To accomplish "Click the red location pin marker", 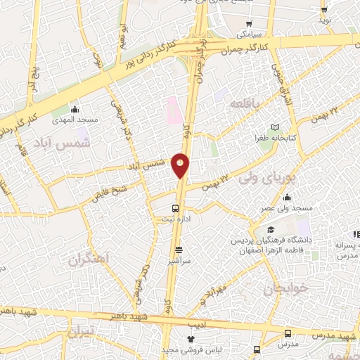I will [x=181, y=165].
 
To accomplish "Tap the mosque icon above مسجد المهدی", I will [x=75, y=109].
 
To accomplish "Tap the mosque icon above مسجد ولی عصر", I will [x=286, y=198].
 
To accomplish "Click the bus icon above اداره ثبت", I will [x=176, y=208].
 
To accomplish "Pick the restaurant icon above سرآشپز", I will [x=178, y=249].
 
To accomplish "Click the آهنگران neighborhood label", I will [x=90, y=259].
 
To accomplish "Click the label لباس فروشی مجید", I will [x=190, y=349].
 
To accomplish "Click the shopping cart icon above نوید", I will [x=324, y=9].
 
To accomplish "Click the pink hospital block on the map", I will [x=172, y=109].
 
